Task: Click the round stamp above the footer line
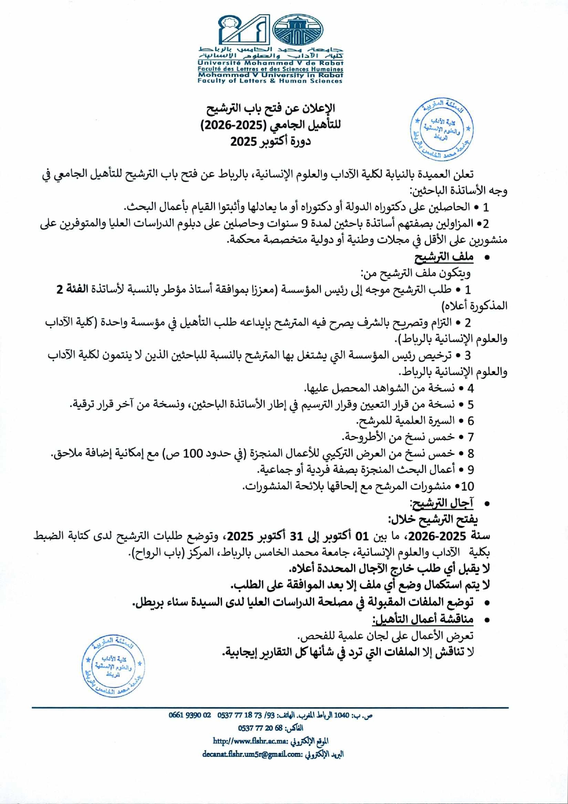[x=113, y=666]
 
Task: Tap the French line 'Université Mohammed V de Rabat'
[x=270, y=63]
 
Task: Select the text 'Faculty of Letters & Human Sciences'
[x=270, y=81]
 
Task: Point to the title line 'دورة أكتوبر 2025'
[x=270, y=141]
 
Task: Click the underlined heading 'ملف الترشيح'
[x=444, y=257]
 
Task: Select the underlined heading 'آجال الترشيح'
[x=443, y=503]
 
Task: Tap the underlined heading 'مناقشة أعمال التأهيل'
[x=423, y=619]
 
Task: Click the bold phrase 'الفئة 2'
[x=72, y=290]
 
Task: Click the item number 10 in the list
[x=468, y=486]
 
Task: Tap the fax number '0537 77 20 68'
[x=259, y=728]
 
